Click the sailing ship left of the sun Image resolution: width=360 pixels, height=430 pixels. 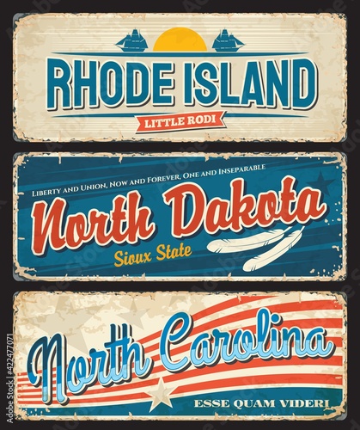132,40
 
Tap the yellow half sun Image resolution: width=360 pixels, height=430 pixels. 180,40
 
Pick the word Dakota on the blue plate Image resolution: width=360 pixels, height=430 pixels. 241,206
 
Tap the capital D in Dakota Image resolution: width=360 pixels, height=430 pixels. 182,209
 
